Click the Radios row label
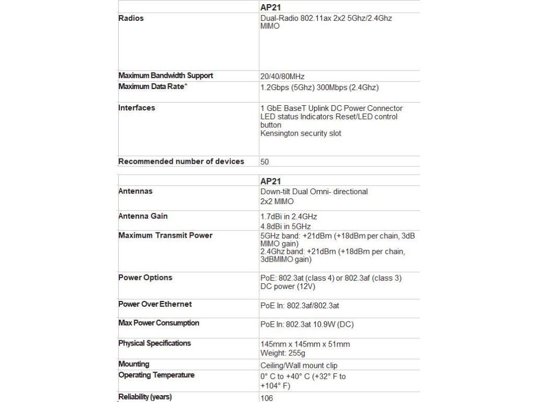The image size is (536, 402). point(131,18)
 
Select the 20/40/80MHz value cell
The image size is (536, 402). point(283,76)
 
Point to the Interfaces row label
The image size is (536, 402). point(137,108)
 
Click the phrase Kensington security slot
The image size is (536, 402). point(300,133)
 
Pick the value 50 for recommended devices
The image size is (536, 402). point(265,162)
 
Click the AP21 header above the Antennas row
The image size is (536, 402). point(271,181)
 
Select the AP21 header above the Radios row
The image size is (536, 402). point(271,7)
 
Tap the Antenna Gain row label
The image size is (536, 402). point(143,216)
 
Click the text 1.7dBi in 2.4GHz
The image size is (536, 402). point(288,217)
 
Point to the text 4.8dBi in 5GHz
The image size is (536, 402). point(285,227)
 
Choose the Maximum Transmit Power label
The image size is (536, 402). point(165,236)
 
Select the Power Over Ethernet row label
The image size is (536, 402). point(155,304)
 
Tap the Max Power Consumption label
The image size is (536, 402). point(159,323)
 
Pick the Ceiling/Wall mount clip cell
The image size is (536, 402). point(299,366)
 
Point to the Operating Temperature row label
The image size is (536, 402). point(156,375)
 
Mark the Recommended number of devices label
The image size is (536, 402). point(181,161)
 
